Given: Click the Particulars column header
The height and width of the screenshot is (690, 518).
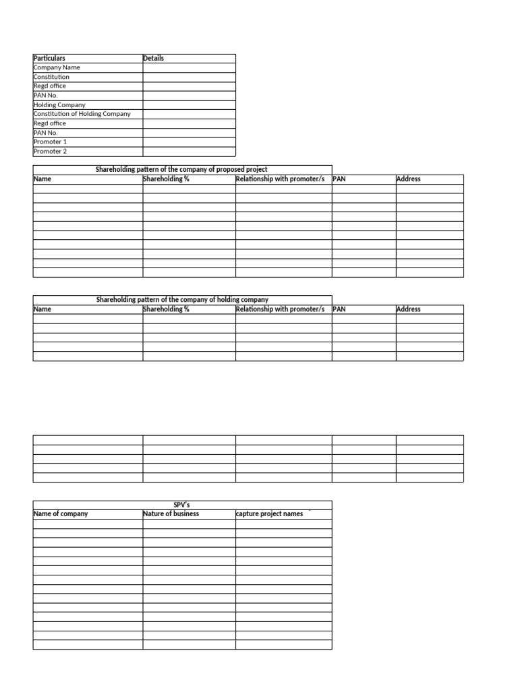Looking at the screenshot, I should pos(50,59).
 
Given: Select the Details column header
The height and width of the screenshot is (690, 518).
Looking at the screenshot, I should pos(154,59).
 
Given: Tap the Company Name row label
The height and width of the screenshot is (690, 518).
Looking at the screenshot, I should pos(57,68).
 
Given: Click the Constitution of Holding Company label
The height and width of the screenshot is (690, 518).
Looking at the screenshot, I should pos(82,114).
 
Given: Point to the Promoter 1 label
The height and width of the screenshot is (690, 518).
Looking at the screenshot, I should pos(51,142).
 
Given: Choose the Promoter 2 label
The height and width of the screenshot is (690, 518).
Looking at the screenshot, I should pos(51,152).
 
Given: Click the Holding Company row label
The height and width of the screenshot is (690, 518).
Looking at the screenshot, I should pos(59,105).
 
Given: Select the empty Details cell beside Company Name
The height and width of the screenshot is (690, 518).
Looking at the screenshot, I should pos(189,68).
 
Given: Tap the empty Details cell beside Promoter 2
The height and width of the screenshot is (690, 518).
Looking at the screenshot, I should pos(189,152).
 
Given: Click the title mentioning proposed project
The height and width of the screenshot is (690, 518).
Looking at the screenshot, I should pos(182,170).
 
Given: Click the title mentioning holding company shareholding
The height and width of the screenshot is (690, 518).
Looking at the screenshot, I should pos(182,300).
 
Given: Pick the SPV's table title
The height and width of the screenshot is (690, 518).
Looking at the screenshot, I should pos(182,505).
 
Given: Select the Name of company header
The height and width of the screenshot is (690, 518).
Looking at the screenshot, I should pos(61,514).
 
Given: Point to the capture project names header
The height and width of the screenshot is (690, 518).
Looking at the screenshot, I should pos(270,514).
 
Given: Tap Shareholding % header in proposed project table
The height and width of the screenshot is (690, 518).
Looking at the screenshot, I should pos(166,179).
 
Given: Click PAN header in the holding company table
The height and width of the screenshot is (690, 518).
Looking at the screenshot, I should pos(339,309).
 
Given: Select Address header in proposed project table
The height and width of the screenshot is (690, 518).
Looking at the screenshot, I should pos(409,179).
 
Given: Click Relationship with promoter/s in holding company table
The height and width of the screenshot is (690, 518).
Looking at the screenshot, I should pos(281,309).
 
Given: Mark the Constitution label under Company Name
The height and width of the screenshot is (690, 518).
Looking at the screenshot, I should pos(51,77).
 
